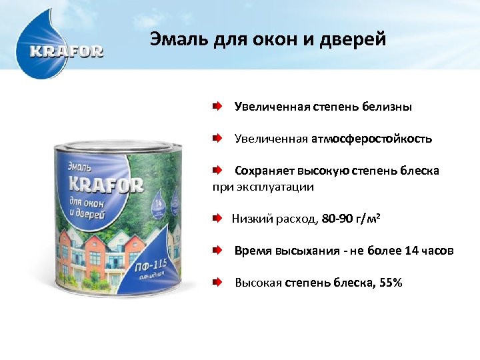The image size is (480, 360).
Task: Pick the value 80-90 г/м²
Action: click(351, 219)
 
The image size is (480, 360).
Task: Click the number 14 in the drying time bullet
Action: click(411, 251)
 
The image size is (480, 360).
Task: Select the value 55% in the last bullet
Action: click(390, 283)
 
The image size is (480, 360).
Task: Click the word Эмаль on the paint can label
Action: click(81, 164)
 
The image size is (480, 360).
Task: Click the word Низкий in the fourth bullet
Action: click(247, 219)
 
